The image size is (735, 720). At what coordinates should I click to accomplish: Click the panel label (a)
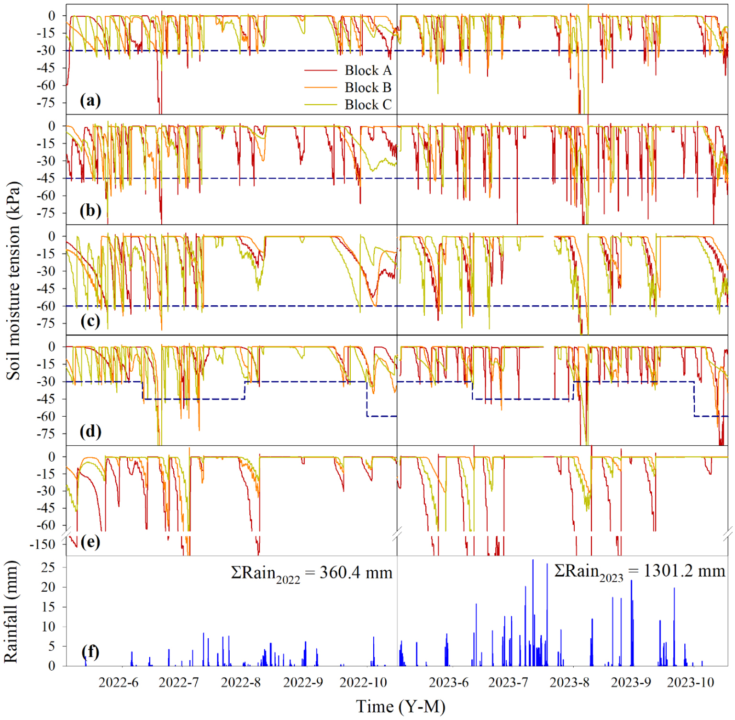90,100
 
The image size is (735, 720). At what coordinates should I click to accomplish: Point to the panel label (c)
90,321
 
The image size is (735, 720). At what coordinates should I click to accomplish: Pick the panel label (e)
90,542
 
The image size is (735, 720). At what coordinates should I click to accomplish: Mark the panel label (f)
90,652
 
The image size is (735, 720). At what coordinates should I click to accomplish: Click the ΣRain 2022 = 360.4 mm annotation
312,573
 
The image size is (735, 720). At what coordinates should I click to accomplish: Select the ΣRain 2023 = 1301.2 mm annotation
639,572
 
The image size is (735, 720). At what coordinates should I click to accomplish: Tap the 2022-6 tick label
118,683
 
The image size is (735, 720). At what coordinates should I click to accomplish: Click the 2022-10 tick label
363,683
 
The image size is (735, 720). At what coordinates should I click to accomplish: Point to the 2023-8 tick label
569,683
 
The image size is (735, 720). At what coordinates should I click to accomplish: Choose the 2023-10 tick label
690,683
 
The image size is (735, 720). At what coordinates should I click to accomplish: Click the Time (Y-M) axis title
401,707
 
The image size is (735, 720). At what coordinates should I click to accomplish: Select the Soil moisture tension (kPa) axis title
13,281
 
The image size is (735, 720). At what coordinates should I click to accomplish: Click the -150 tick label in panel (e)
42,544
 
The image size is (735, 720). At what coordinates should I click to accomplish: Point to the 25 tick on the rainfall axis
48,567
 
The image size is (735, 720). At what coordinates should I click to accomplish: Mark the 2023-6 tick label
448,683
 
